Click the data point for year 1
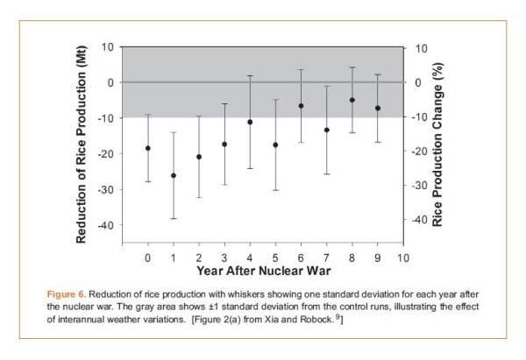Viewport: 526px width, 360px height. pos(174,176)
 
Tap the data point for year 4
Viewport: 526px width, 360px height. pos(250,122)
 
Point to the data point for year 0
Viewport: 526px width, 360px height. pos(147,148)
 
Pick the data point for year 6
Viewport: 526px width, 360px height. pos(302,106)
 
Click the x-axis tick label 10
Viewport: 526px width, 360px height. pos(403,258)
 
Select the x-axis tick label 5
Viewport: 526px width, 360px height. pos(275,258)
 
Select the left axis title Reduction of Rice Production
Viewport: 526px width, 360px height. pos(82,145)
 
